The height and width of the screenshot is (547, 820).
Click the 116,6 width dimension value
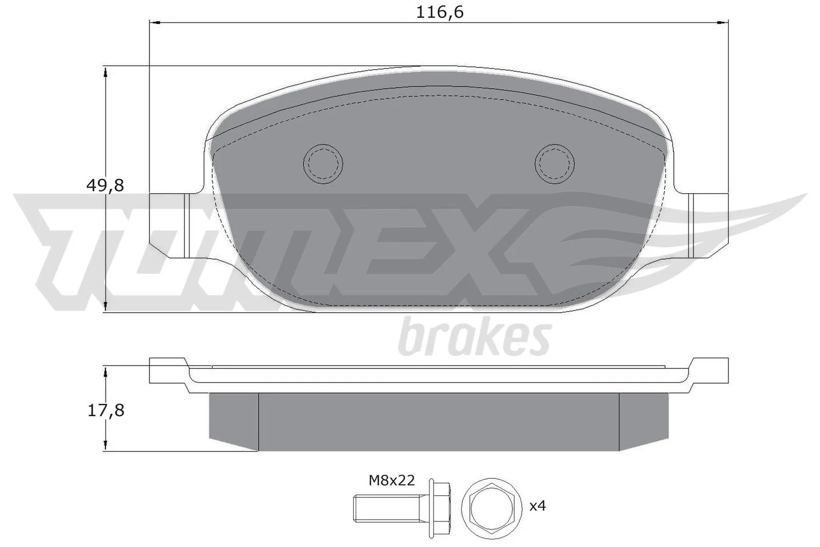(439, 12)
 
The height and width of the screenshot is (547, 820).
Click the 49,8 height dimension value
(105, 186)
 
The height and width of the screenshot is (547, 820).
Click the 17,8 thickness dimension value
(106, 411)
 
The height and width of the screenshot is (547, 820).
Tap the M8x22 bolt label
(392, 480)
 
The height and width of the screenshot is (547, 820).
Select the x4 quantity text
(538, 507)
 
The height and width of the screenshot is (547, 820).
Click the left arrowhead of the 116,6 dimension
(154, 22)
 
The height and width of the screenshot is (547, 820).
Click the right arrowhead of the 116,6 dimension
(723, 22)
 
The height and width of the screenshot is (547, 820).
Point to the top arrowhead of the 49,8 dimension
(105, 72)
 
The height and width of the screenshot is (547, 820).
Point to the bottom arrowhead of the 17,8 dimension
(105, 445)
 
